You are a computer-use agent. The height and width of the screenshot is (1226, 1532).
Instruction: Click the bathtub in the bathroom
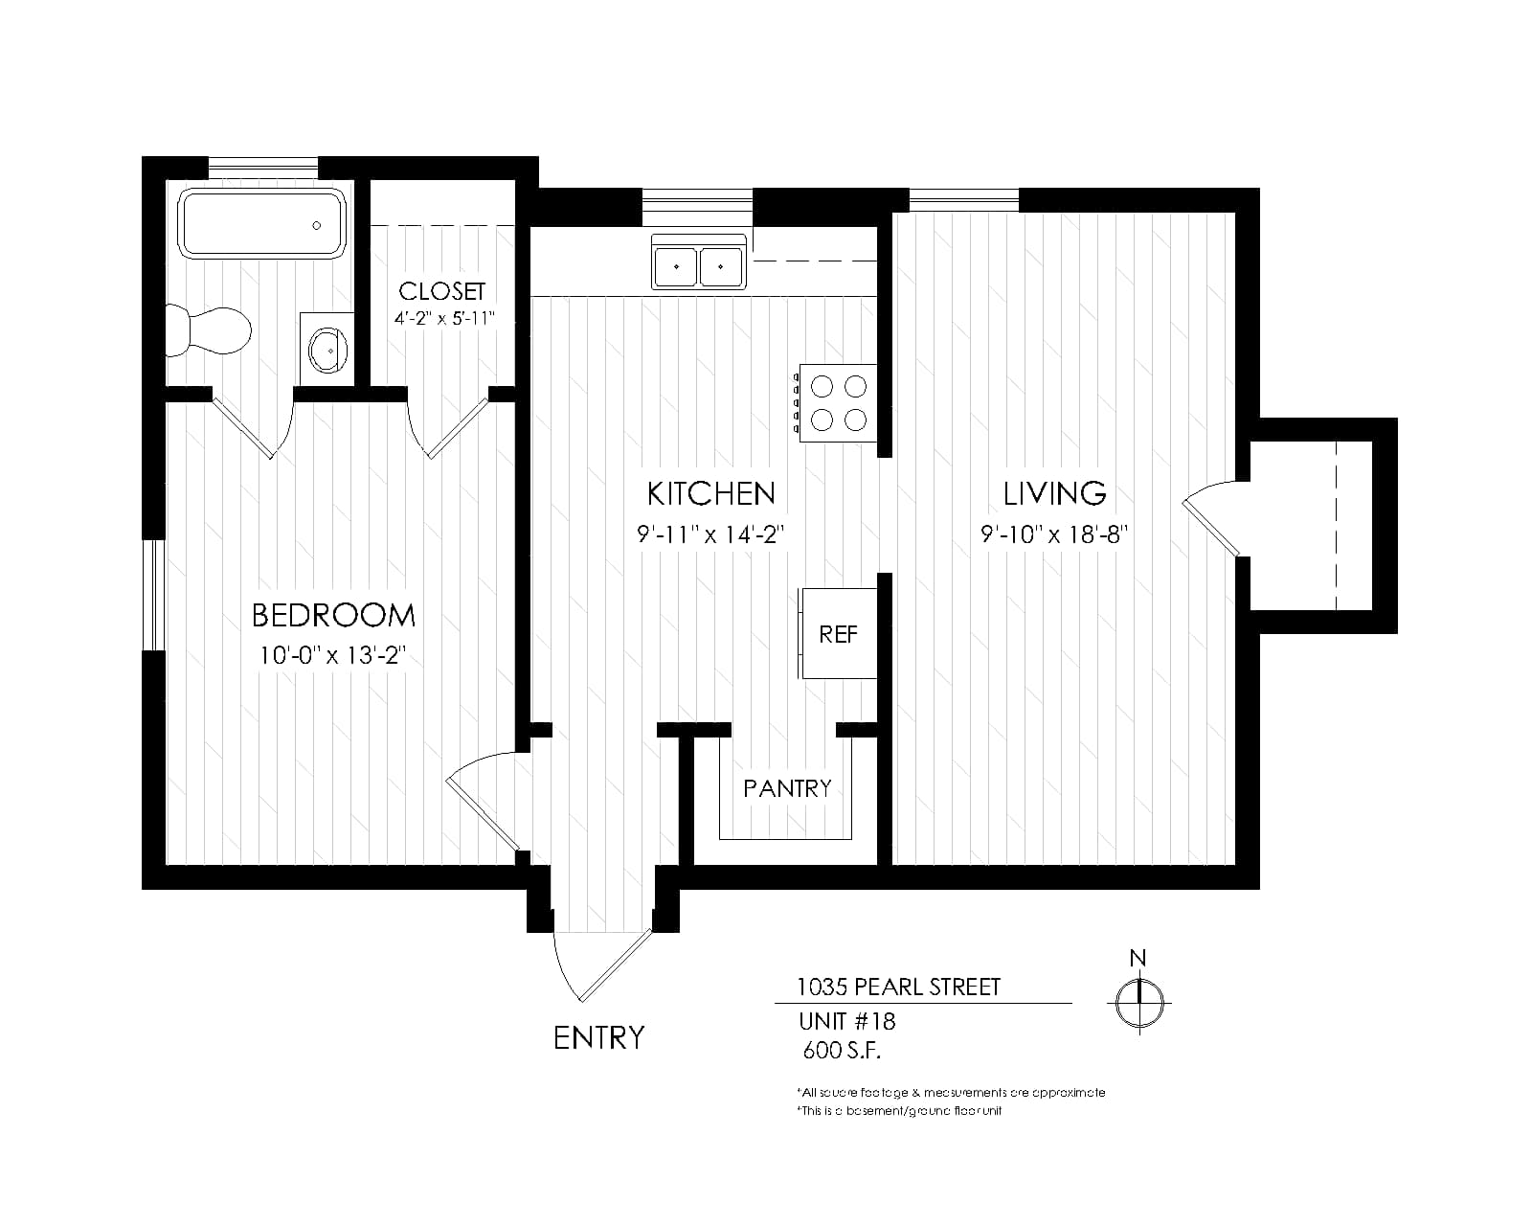261,223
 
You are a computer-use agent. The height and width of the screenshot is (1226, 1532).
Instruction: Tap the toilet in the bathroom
209,330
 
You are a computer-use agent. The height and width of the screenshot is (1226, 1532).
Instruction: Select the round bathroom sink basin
327,351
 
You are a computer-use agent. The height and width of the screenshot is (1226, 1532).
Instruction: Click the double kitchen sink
698,262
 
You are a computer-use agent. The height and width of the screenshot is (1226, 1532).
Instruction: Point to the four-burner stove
837,403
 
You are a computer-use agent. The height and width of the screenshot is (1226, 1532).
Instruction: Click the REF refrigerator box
838,633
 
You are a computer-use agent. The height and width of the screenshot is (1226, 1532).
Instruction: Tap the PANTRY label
787,788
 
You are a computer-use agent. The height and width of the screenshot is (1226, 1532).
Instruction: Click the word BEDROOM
333,616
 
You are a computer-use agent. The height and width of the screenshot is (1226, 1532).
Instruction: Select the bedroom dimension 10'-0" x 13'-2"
331,655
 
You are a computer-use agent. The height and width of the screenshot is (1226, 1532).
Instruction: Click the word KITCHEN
710,493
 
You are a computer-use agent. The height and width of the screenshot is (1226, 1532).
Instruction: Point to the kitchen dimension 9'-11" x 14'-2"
710,534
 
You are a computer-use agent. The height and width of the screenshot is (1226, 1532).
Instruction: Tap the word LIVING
1054,493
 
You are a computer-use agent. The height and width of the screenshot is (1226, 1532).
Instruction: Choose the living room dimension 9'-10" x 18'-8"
1053,534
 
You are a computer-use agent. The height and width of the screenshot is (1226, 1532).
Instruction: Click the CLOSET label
441,291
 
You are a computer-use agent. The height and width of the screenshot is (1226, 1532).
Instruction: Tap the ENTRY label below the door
598,1038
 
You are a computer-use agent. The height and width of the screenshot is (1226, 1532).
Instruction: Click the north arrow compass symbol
1139,1001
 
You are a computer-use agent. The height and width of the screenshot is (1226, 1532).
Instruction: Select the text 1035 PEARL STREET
898,987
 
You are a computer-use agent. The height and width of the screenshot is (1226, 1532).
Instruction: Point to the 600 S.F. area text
842,1051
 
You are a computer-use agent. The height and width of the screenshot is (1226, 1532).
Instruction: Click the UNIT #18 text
847,1022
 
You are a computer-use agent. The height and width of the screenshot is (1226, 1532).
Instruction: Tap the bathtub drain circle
317,226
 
